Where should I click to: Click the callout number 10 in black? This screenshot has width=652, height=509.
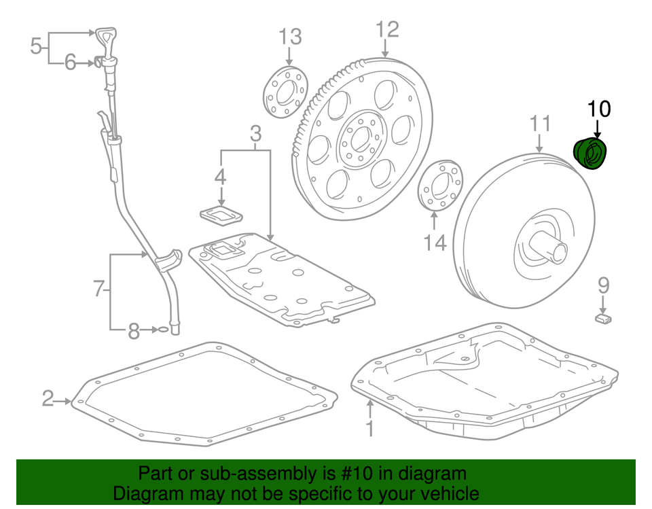point(599,108)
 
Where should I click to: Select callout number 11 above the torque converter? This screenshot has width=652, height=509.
point(540,124)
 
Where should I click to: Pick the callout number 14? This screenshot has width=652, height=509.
point(435,242)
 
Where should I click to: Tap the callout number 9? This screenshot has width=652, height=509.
point(603,286)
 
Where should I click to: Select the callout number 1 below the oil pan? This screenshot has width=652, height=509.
point(369,429)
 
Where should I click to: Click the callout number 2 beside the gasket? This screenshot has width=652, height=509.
point(48,399)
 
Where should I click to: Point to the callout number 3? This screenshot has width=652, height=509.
point(255,134)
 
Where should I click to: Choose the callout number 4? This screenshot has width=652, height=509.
point(220,177)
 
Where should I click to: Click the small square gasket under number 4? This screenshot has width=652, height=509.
point(221,214)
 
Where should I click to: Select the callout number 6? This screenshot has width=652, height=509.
point(71,63)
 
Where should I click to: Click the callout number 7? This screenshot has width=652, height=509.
point(99,290)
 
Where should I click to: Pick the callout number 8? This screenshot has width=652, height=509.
point(134,331)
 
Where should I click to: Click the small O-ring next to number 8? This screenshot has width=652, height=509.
point(162,330)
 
